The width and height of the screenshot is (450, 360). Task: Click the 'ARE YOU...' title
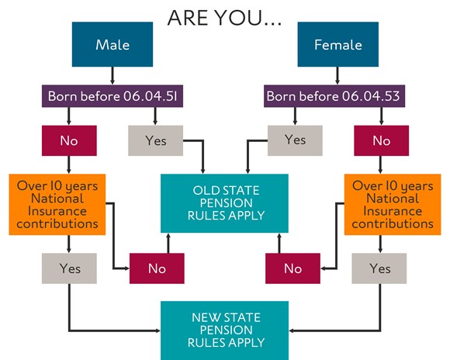pyautogui.click(x=224, y=18)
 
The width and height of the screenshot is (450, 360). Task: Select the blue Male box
pyautogui.click(x=112, y=44)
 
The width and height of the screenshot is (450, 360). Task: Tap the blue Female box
pyautogui.click(x=337, y=44)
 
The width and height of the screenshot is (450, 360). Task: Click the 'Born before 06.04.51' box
pyautogui.click(x=112, y=96)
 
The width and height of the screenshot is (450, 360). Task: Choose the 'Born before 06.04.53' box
pyautogui.click(x=334, y=96)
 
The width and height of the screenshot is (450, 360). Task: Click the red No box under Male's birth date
pyautogui.click(x=69, y=140)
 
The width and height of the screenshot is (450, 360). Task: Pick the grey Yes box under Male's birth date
pyautogui.click(x=155, y=140)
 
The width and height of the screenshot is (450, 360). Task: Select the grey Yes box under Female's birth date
pyautogui.click(x=295, y=140)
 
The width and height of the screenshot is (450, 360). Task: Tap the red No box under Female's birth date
pyautogui.click(x=382, y=140)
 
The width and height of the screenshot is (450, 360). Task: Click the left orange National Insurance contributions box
pyautogui.click(x=57, y=204)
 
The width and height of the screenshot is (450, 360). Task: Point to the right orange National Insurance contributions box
pyautogui.click(x=393, y=204)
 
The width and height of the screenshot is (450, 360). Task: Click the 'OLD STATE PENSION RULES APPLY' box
pyautogui.click(x=224, y=203)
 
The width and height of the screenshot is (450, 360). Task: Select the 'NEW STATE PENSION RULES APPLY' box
pyautogui.click(x=224, y=331)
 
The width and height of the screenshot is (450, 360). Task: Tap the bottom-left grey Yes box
pyautogui.click(x=69, y=268)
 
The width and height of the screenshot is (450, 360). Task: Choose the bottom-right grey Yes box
pyautogui.click(x=379, y=268)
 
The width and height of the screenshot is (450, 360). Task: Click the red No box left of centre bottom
pyautogui.click(x=157, y=268)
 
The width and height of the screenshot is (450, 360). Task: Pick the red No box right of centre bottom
pyautogui.click(x=292, y=268)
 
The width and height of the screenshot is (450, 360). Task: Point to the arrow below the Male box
pyautogui.click(x=112, y=76)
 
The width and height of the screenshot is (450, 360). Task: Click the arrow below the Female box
pyautogui.click(x=337, y=76)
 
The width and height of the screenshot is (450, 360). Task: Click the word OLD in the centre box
pyautogui.click(x=206, y=191)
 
